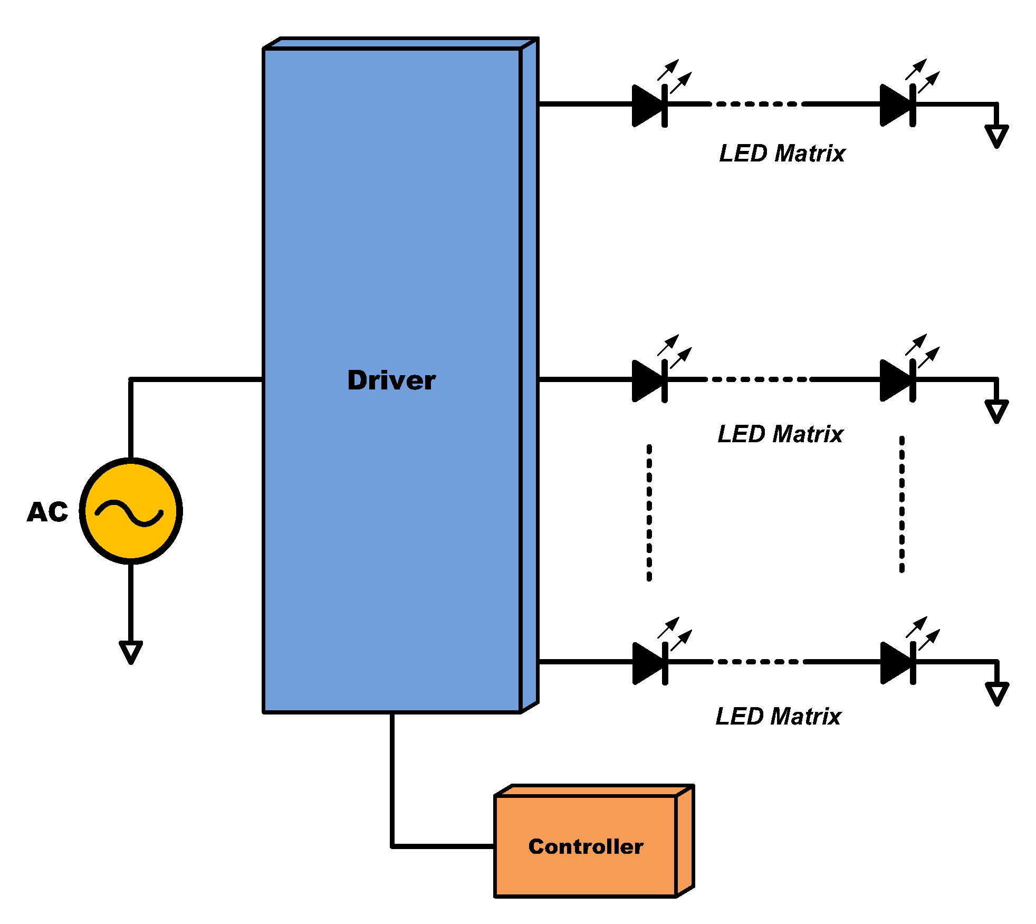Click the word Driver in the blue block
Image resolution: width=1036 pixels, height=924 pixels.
[x=391, y=380]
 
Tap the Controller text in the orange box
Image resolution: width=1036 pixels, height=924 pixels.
[x=586, y=846]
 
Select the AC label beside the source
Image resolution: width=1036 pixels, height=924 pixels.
[x=47, y=512]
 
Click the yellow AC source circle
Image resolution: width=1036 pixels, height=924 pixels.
[x=131, y=511]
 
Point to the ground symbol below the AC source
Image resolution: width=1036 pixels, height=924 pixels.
[x=131, y=652]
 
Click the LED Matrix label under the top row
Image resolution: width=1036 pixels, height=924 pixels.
[x=782, y=154]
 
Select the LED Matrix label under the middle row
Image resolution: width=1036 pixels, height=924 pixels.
[x=780, y=434]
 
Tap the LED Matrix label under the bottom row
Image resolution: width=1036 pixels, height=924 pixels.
[x=778, y=717]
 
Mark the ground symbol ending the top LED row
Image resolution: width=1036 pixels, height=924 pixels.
[x=996, y=136]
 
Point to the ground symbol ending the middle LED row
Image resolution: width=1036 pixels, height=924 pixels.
[x=996, y=411]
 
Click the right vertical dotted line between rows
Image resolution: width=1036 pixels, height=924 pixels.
[x=902, y=504]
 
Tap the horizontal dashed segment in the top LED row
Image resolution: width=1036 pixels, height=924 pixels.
[x=755, y=104]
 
